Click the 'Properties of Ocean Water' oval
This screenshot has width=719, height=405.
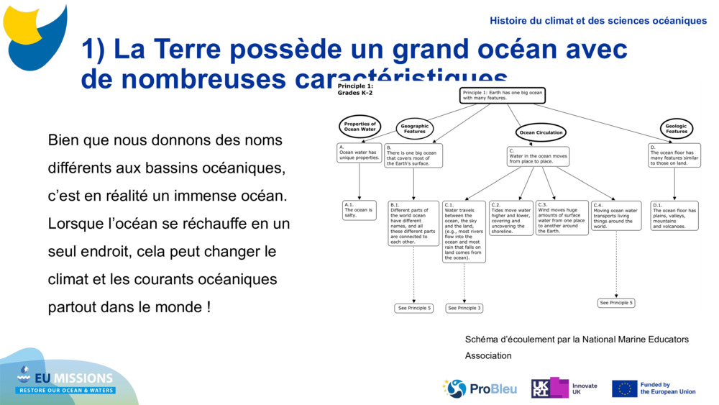click(359, 127)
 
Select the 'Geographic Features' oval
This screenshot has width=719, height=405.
click(415, 129)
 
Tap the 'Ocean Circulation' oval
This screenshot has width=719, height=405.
click(541, 132)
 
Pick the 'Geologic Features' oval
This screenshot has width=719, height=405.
click(676, 129)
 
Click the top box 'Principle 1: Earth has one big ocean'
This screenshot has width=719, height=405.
click(503, 95)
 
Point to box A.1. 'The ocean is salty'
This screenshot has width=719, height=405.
click(359, 210)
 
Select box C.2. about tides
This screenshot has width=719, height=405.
click(511, 218)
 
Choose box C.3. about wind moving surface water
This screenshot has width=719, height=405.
click(562, 218)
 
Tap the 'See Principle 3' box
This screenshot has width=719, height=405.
click(464, 308)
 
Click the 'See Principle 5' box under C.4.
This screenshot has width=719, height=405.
click(617, 303)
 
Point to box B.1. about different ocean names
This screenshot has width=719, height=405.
click(413, 223)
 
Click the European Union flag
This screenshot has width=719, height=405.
click(624, 388)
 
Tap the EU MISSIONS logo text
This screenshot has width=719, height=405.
click(72, 378)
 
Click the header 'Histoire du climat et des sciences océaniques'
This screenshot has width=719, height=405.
click(598, 21)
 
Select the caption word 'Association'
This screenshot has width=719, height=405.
click(488, 355)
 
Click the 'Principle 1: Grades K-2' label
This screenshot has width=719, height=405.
click(355, 89)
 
